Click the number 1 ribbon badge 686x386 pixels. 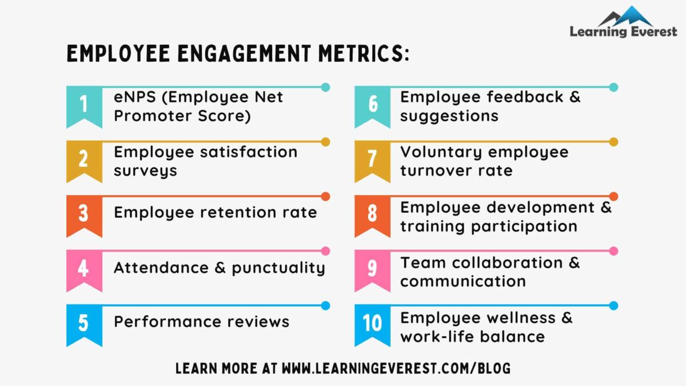click(x=84, y=105)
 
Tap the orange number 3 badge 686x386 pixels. click(x=84, y=214)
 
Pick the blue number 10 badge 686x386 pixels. click(x=372, y=324)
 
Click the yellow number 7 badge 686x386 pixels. click(x=372, y=160)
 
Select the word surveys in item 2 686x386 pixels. click(x=145, y=171)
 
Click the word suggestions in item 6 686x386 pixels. click(x=449, y=116)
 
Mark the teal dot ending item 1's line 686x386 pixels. click(x=325, y=87)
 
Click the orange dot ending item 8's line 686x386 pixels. click(x=613, y=197)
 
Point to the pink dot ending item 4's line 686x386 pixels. click(x=325, y=251)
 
